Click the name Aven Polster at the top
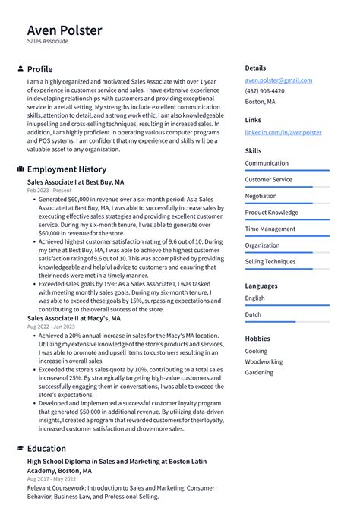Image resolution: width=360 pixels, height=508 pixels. click(x=65, y=30)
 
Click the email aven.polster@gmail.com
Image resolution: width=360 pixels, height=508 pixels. click(x=278, y=80)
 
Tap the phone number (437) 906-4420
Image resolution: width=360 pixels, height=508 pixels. click(x=264, y=90)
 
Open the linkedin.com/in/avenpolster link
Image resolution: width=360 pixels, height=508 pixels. click(x=283, y=132)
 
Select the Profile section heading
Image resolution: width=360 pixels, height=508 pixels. click(x=39, y=69)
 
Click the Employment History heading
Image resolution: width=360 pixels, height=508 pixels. click(x=67, y=169)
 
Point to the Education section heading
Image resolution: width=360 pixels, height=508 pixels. click(x=46, y=449)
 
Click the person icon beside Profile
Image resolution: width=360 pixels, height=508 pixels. click(x=20, y=69)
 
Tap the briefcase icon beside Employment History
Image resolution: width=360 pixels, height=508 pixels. click(x=20, y=169)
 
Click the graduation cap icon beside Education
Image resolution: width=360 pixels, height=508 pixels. click(x=20, y=449)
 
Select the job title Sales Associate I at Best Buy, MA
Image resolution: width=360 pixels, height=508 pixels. click(x=75, y=182)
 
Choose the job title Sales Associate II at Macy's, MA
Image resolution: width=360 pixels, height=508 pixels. click(x=74, y=318)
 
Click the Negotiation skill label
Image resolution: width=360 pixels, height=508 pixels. click(x=261, y=196)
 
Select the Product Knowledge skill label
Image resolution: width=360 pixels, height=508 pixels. click(x=271, y=213)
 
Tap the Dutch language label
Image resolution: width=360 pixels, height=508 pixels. click(x=253, y=314)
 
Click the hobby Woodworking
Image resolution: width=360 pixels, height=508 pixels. click(x=264, y=362)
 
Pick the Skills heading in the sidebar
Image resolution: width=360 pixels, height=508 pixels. click(x=253, y=151)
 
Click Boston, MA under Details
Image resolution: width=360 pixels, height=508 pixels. click(x=260, y=101)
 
